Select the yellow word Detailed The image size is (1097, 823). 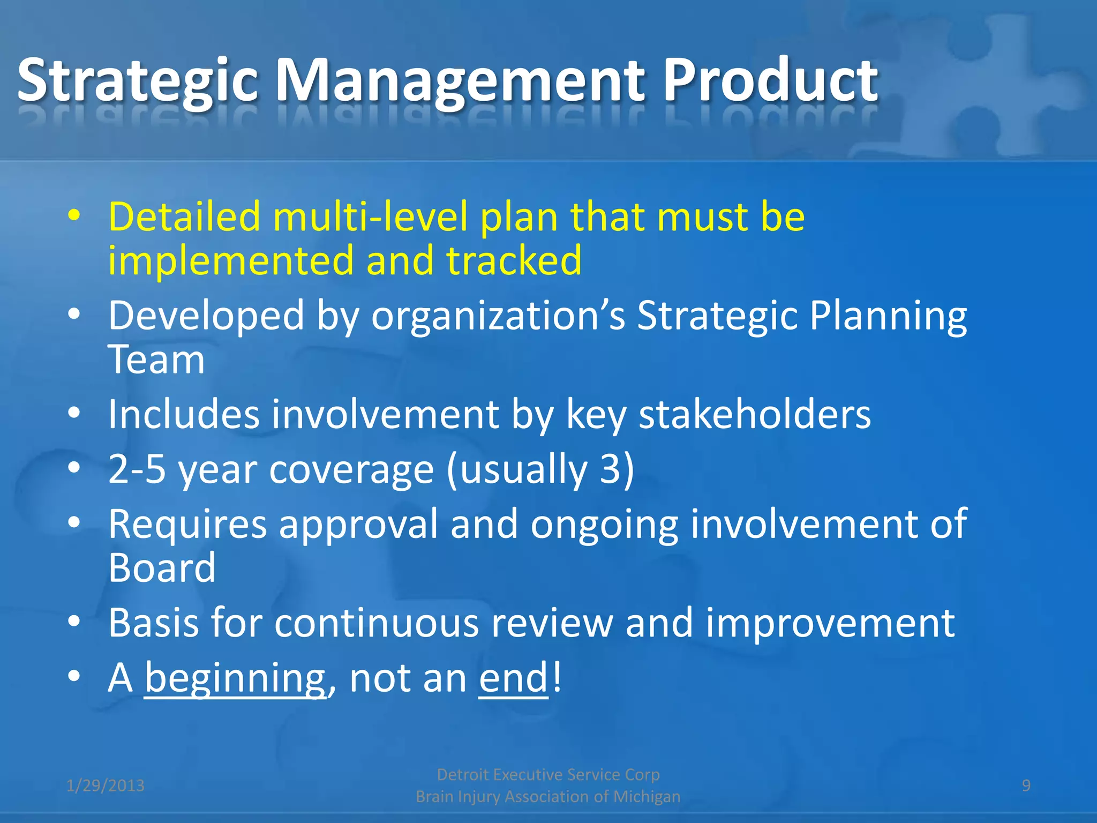coord(184,216)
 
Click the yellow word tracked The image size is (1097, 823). coord(514,260)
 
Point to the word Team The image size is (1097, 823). coord(156,360)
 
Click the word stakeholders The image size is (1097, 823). coord(755,414)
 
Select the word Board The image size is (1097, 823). coord(162,568)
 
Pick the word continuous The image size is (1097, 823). coord(377,623)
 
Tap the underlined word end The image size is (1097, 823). coord(513,678)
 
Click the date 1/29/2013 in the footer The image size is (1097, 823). coord(106,785)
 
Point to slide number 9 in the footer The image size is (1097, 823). coord(1026,785)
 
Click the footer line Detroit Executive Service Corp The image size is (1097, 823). coord(548,774)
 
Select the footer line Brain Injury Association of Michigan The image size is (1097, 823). coord(548,797)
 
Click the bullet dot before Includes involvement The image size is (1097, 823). coord(74,413)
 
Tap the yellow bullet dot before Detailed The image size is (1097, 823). coord(74,216)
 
